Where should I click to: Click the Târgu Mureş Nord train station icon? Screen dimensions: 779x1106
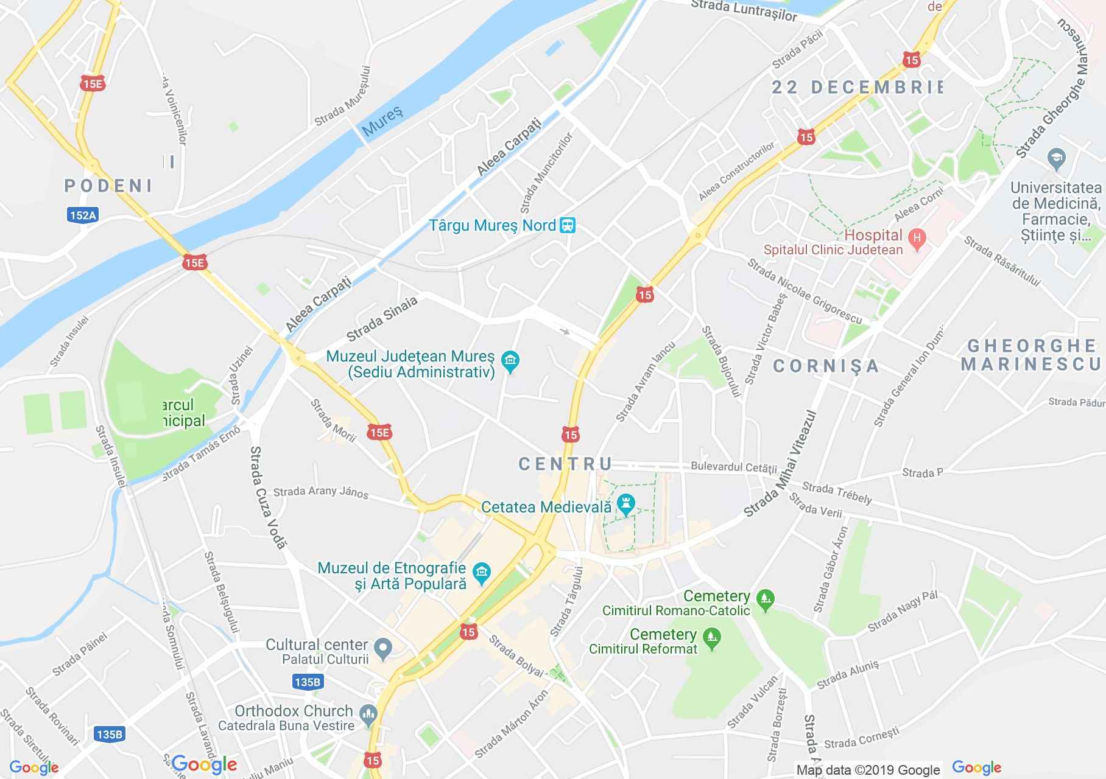[x=568, y=226]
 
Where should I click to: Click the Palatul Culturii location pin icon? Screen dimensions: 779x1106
[x=383, y=649]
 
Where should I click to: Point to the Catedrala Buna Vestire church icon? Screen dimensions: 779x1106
[x=368, y=716]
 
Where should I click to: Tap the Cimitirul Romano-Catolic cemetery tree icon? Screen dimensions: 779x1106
[x=766, y=599]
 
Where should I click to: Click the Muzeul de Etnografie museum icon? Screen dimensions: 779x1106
[x=482, y=573]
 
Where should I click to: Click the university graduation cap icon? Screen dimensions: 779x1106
[x=1055, y=159]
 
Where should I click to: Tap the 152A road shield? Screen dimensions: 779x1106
[x=83, y=215]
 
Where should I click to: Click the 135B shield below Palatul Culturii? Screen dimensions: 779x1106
[x=307, y=682]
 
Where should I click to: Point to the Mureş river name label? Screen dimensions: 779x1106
[x=382, y=121]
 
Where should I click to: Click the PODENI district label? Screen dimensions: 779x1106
[x=108, y=185]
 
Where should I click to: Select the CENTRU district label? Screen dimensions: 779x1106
[x=565, y=464]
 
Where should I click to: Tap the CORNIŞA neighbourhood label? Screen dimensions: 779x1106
[x=826, y=365]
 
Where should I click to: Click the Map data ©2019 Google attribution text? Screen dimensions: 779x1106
[x=868, y=770]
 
